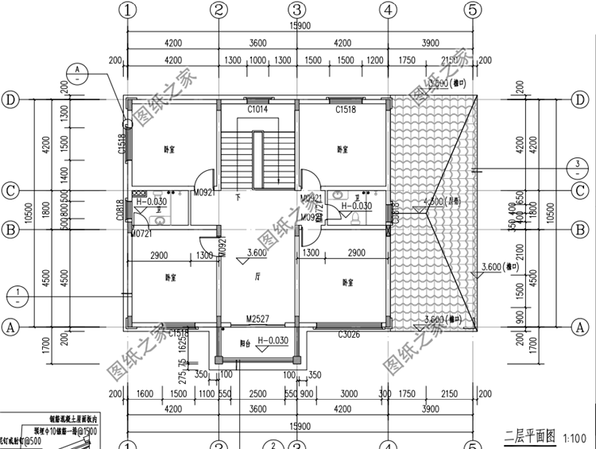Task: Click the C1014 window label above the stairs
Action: point(257,109)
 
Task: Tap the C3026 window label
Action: point(348,335)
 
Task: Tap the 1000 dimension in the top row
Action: point(257,60)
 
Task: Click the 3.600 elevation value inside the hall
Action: point(257,254)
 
